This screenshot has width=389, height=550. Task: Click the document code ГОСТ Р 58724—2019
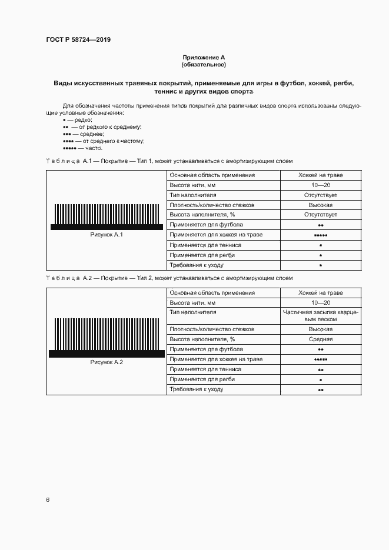78,39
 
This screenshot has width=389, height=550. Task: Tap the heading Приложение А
204,58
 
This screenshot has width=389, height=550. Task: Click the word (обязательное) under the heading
204,64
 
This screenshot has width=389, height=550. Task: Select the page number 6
48,499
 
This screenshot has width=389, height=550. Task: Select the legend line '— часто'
82,148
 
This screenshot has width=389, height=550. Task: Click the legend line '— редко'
73,120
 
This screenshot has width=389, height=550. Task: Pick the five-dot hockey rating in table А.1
321,235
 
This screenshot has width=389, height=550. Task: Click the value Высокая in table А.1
321,205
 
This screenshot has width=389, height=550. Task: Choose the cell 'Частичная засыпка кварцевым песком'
321,316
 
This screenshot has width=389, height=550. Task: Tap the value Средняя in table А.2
321,339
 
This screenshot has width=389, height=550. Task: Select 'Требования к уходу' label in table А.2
197,389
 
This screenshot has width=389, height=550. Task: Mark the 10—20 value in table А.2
321,302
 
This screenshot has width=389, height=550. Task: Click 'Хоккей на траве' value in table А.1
321,175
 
